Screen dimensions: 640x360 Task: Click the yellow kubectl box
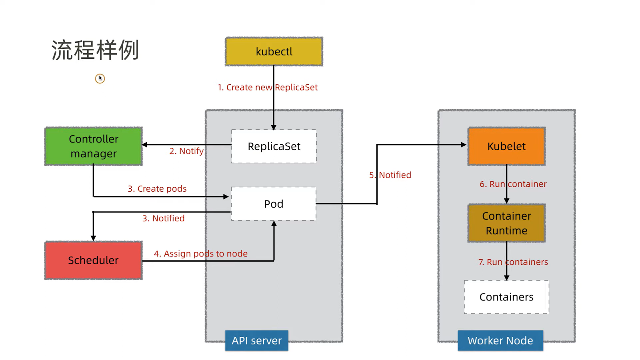point(274,52)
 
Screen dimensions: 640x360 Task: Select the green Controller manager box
point(94,146)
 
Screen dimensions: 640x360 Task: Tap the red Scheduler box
point(94,260)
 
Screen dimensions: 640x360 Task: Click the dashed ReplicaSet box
point(274,146)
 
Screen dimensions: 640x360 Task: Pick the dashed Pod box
point(274,204)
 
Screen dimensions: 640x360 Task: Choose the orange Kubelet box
point(506,146)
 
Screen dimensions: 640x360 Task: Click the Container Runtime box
point(506,223)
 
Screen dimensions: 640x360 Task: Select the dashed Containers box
point(506,297)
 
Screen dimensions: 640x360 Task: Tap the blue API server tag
point(256,340)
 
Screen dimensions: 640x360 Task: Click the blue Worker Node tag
point(500,340)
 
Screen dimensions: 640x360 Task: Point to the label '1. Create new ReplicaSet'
point(268,88)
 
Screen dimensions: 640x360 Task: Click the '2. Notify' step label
point(186,151)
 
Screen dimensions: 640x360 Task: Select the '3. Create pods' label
point(157,189)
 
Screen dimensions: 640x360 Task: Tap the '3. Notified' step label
point(164,218)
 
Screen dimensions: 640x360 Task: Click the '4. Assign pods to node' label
point(200,254)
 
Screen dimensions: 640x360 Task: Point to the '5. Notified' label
point(390,175)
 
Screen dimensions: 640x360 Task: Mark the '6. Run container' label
point(513,184)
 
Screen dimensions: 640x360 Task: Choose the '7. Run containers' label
point(513,262)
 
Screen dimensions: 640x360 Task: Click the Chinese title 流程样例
point(95,50)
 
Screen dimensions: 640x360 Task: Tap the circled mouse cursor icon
point(100,78)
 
